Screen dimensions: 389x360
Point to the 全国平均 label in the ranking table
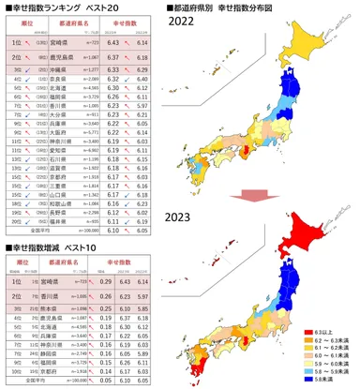point(37,230)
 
